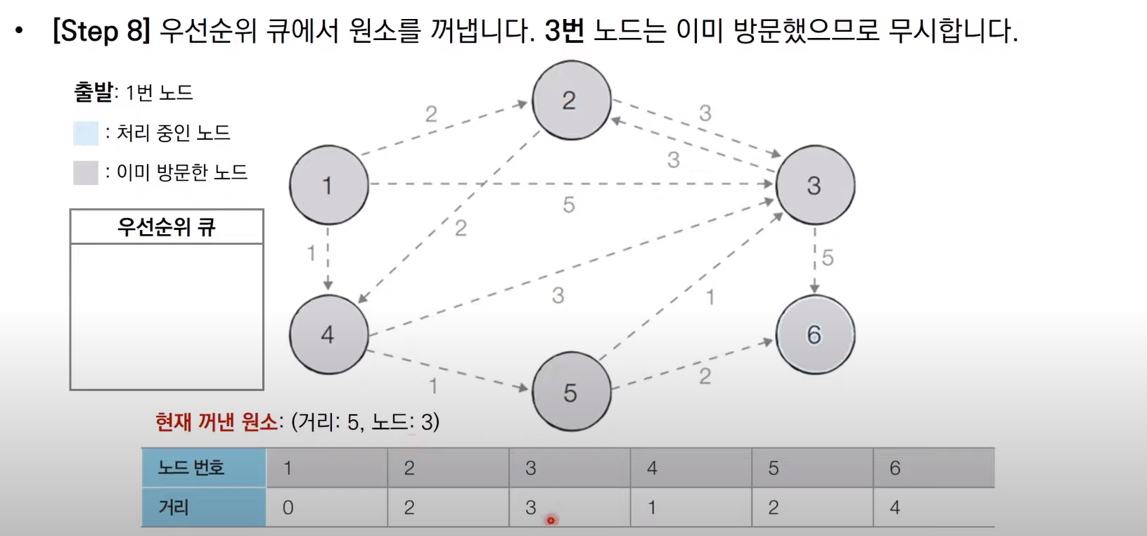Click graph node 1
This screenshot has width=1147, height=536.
[328, 185]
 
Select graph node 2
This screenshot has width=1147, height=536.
[571, 100]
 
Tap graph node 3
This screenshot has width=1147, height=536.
[814, 185]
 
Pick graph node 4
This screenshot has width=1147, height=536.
[328, 334]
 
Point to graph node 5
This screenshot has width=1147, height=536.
[571, 392]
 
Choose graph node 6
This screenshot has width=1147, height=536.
[814, 334]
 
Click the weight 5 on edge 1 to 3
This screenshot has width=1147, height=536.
[569, 205]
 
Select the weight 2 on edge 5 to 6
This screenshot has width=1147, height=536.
[705, 376]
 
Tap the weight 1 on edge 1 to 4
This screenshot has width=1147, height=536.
[312, 253]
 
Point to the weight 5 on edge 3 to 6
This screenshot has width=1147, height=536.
[828, 257]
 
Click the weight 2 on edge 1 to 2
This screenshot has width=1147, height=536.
[431, 114]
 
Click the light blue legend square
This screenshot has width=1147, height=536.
[86, 133]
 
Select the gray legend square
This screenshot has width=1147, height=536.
[86, 172]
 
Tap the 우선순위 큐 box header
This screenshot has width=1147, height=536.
[167, 226]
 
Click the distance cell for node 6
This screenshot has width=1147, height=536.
[933, 507]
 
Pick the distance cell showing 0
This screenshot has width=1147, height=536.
[326, 507]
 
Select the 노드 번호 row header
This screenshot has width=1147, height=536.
[204, 468]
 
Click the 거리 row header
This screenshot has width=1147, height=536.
[204, 507]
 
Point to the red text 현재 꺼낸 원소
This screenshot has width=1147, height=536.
[217, 422]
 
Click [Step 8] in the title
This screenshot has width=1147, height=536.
[102, 31]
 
